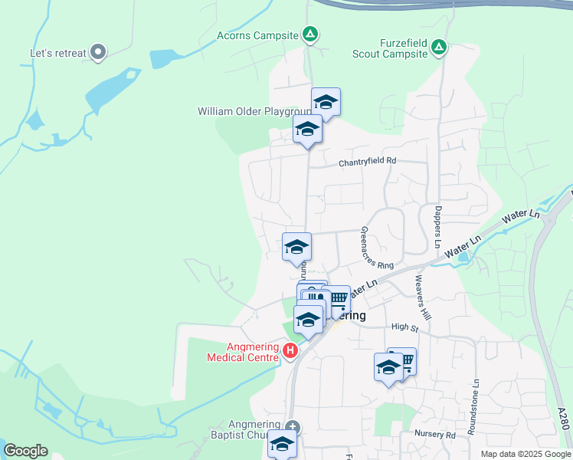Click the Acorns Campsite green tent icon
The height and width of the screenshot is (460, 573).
pos(310,34)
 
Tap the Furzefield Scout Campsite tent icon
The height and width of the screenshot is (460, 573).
pos(439,48)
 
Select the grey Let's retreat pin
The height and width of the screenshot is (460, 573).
pos(97,52)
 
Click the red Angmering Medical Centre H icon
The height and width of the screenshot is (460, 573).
pos(290,351)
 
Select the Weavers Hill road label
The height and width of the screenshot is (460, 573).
pos(421,298)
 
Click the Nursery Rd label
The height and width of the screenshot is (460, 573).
pos(434,434)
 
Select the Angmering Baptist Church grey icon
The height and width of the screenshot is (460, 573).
pos(291,426)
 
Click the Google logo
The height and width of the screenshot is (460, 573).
pos(26,451)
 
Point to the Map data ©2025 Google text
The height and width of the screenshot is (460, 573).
pos(525,454)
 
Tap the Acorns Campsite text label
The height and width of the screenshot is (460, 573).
pos(257,35)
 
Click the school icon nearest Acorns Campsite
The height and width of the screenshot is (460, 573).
pos(326,103)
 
